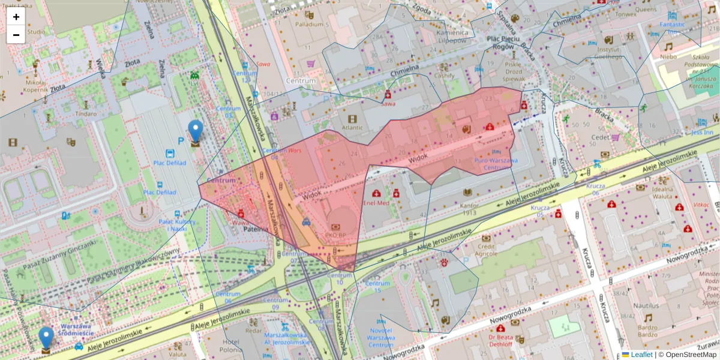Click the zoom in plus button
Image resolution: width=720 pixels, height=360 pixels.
[16, 17]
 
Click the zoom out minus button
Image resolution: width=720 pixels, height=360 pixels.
[16, 35]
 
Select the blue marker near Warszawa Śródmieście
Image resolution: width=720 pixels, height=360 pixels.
[46, 338]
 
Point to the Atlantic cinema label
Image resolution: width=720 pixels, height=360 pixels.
[352, 127]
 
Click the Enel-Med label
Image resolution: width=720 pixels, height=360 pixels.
[376, 203]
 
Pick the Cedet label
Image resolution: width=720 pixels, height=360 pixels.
[601, 137]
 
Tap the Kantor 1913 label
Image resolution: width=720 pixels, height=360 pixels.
[469, 208]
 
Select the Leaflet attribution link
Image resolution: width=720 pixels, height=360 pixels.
[641, 355]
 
